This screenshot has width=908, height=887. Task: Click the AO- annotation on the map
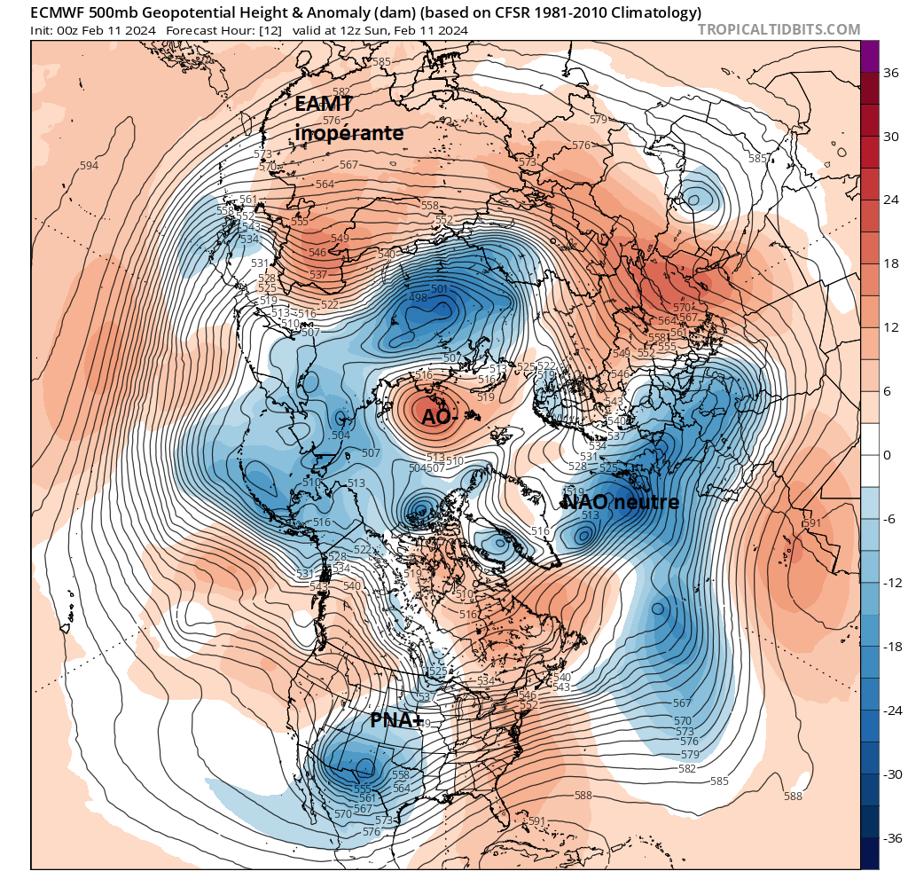440,417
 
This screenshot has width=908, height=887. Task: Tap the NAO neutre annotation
621,503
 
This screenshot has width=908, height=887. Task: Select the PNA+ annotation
396,721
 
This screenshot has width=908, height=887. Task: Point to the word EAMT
325,105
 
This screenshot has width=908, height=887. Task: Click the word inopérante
348,133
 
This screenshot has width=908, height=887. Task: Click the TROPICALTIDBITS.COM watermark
779,30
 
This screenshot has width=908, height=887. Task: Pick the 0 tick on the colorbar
887,455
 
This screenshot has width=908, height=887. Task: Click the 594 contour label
89,166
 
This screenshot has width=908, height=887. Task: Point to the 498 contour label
418,298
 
